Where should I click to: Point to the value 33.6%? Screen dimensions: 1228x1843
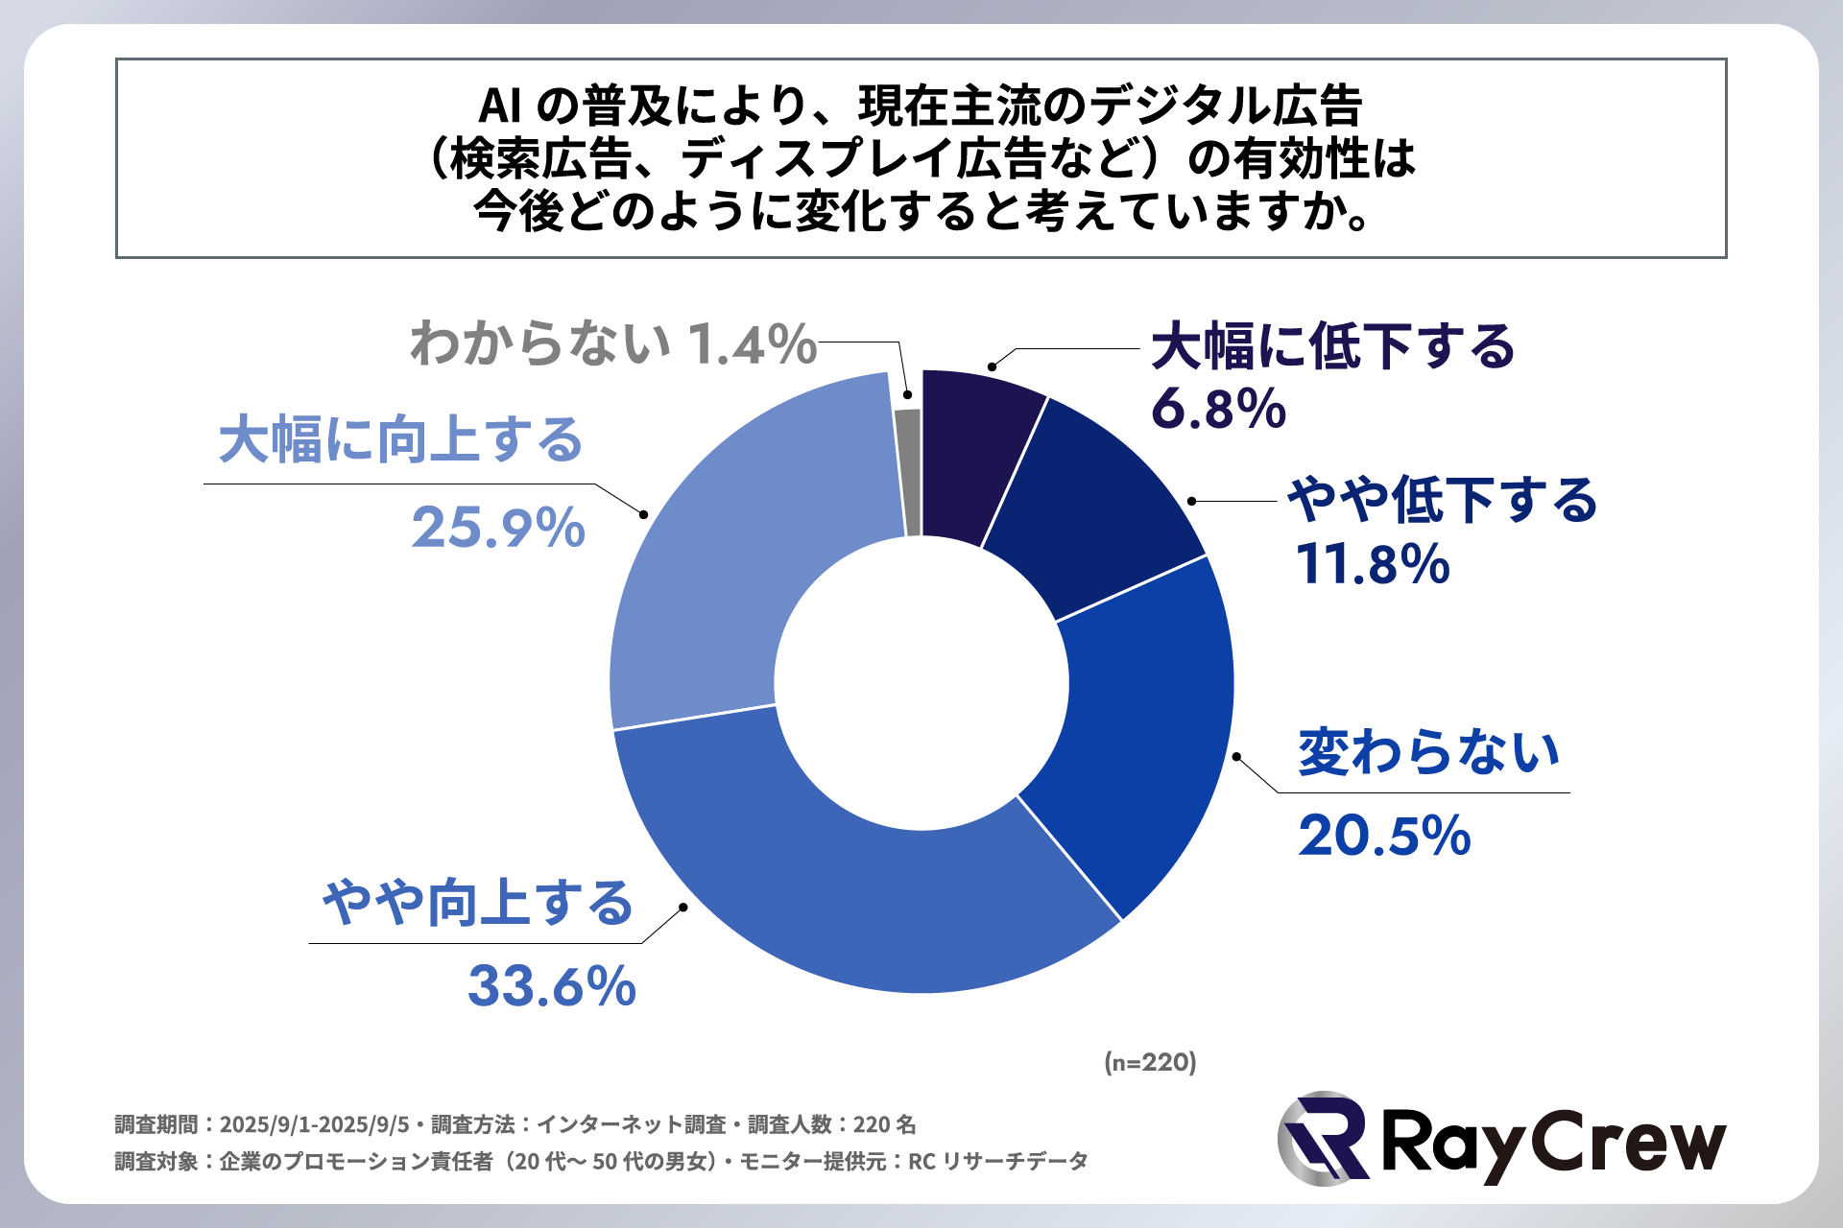click(x=552, y=986)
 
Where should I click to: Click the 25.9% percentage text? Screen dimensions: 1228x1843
click(x=498, y=528)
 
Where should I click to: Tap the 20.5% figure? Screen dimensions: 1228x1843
click(x=1384, y=836)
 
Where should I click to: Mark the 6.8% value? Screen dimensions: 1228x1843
click(x=1218, y=410)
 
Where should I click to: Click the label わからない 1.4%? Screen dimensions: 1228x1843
click(x=613, y=343)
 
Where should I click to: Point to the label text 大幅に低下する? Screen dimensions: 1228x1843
click(x=1332, y=346)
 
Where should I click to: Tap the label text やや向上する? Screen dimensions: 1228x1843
click(x=478, y=903)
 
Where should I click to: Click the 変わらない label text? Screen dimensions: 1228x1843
click(x=1429, y=752)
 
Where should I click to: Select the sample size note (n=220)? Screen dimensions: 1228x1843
click(x=1150, y=1062)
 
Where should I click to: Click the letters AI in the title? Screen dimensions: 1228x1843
click(x=499, y=106)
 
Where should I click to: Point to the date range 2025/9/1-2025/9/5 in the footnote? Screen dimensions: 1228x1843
click(x=314, y=1124)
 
